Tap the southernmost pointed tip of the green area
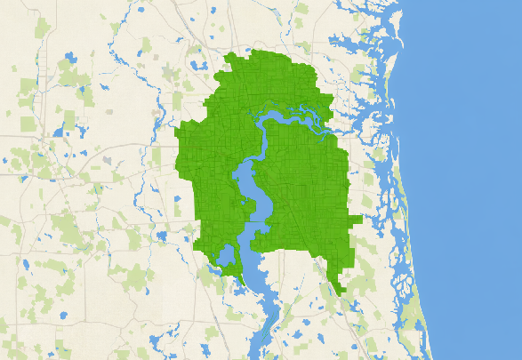pos(343,294)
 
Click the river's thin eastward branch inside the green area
pos(302,110)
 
